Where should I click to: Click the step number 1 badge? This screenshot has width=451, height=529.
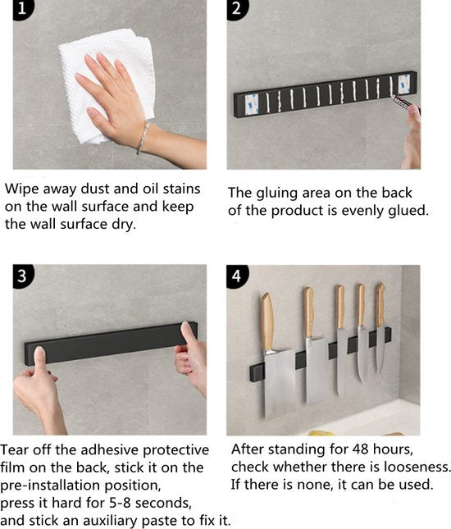pos(23,8)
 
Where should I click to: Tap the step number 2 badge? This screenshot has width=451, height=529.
pos(237,9)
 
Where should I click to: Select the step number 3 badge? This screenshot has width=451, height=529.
pos(23,276)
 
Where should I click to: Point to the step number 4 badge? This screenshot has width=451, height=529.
pos(237,276)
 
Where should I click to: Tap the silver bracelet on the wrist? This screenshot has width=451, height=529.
pos(143,137)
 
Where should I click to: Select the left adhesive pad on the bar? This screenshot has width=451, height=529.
pos(251,104)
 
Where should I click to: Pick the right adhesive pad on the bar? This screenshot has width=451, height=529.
pos(403,84)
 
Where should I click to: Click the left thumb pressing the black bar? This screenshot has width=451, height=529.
pos(39,358)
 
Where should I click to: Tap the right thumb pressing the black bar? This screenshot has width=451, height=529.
pos(187,333)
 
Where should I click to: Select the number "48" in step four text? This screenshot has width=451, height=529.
pos(361,449)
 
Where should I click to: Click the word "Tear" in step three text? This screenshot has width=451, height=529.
pos(14,449)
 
